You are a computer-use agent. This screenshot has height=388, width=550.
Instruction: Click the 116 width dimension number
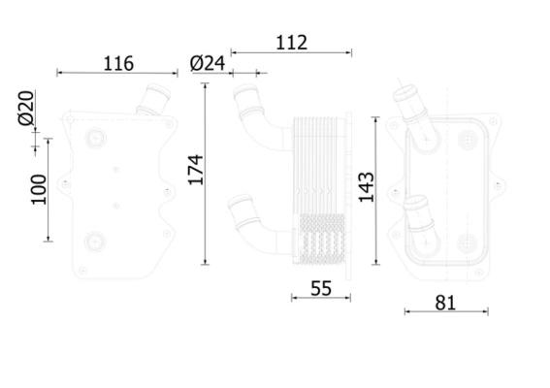click(x=117, y=64)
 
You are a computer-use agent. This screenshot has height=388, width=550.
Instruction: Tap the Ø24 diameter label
click(x=208, y=63)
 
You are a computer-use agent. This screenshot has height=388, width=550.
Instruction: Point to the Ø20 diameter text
click(x=26, y=108)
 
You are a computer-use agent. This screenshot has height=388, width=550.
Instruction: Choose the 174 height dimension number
click(x=194, y=170)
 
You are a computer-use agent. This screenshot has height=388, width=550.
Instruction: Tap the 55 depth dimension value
click(x=321, y=287)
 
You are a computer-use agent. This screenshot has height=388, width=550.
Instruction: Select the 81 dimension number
click(x=443, y=303)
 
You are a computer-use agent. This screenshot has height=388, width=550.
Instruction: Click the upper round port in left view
click(x=95, y=139)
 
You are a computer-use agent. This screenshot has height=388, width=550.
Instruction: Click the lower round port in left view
click(x=95, y=242)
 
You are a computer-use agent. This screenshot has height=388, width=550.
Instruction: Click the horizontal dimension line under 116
click(x=117, y=73)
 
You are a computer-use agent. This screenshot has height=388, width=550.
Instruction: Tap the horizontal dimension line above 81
click(x=445, y=311)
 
